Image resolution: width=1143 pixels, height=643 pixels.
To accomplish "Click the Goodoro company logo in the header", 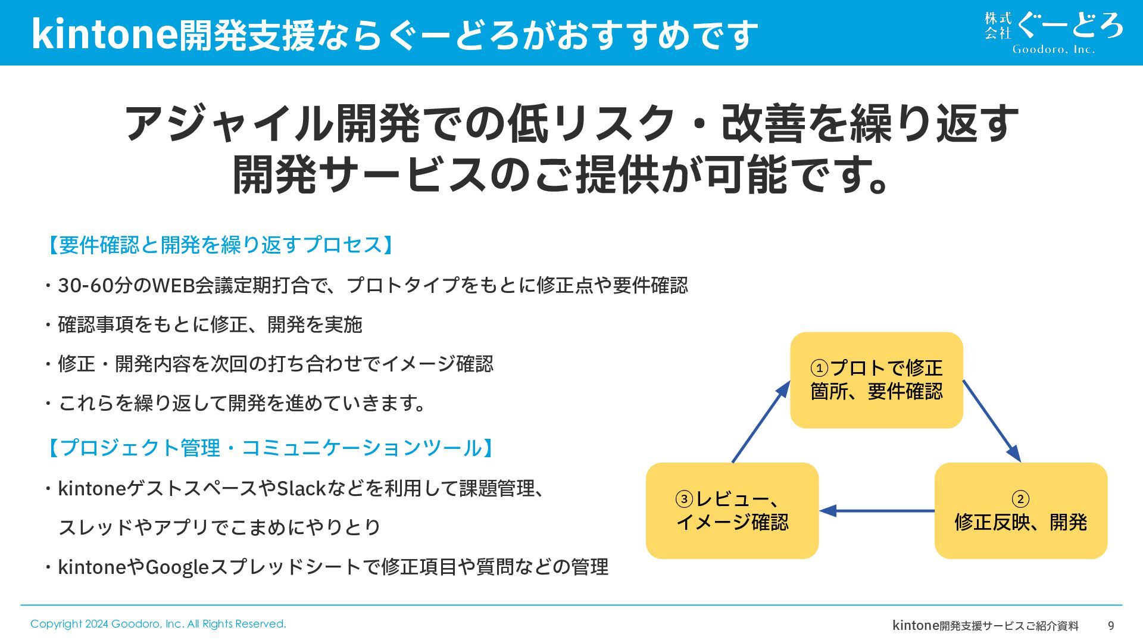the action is coord(1054,33).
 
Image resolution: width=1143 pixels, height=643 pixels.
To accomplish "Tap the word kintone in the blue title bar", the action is coord(104,34).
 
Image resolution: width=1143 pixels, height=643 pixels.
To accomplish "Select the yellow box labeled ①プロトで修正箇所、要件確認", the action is coord(876,380).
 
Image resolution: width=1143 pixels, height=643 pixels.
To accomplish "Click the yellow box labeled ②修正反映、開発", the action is coord(1020,511).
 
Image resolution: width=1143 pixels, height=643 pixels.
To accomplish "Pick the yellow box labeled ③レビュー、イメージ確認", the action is coord(732,511).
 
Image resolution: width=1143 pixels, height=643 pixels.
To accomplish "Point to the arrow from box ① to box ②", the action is coord(992,421).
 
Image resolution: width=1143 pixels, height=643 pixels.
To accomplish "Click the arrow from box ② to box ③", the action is coord(877,511).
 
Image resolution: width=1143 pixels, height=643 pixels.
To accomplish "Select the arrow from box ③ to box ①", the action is coord(761,422).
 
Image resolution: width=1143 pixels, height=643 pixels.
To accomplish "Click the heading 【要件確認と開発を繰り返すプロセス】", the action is coord(220,245).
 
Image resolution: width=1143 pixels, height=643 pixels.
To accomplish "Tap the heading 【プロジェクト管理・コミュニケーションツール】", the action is coord(270,448).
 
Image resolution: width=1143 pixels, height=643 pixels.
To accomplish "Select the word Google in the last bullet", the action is coord(177,567).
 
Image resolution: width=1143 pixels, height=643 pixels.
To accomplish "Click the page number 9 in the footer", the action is coord(1111,626).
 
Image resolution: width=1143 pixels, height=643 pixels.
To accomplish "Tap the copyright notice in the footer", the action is coord(158,624).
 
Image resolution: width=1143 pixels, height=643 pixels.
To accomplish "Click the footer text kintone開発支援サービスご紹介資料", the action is coord(985,625).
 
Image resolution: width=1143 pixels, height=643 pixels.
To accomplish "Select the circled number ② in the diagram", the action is coord(1020,499).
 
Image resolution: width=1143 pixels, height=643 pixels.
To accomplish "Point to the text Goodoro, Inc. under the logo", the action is coord(1054,49).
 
